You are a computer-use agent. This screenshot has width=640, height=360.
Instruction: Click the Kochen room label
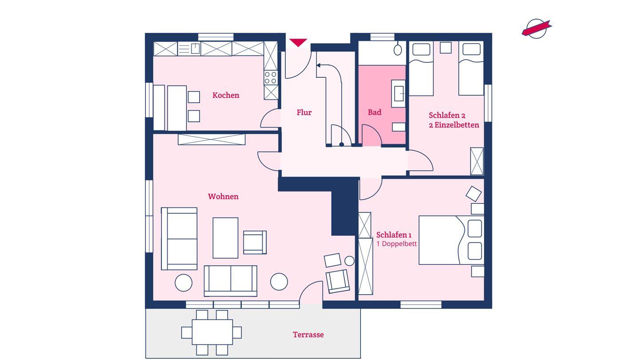pos(226,95)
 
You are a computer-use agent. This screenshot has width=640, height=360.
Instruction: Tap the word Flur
pos(304,112)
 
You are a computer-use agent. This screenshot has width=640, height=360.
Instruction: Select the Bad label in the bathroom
pos(375,112)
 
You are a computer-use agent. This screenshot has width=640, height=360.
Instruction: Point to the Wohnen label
pos(223,196)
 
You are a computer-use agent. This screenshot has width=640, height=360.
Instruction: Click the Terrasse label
pos(308,335)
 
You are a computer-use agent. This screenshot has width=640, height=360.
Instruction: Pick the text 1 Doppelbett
pos(396,244)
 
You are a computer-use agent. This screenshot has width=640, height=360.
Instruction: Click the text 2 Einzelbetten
pos(454,125)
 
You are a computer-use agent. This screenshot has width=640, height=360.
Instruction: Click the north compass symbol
pos(536,28)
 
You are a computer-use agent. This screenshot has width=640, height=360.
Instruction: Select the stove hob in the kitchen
pos(271,77)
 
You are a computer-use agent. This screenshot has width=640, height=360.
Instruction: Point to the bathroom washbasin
pos(399,93)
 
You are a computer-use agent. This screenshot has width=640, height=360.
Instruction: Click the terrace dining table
pos(212,332)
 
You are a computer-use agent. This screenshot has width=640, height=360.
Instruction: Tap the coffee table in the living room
pos(225,238)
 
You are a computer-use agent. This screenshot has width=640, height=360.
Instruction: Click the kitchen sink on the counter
pos(196,48)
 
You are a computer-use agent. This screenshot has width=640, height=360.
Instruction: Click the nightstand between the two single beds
pos(446,48)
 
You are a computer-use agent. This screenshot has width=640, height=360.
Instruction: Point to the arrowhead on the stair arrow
pos(318,65)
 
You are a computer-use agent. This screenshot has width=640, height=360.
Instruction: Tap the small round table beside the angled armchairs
pos(349,261)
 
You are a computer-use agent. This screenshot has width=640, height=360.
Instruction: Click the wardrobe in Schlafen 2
pos(477,161)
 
